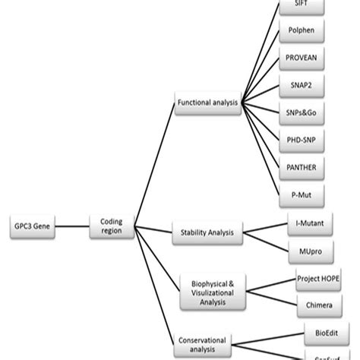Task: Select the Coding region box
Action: click(112, 226)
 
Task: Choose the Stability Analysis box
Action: click(207, 232)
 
